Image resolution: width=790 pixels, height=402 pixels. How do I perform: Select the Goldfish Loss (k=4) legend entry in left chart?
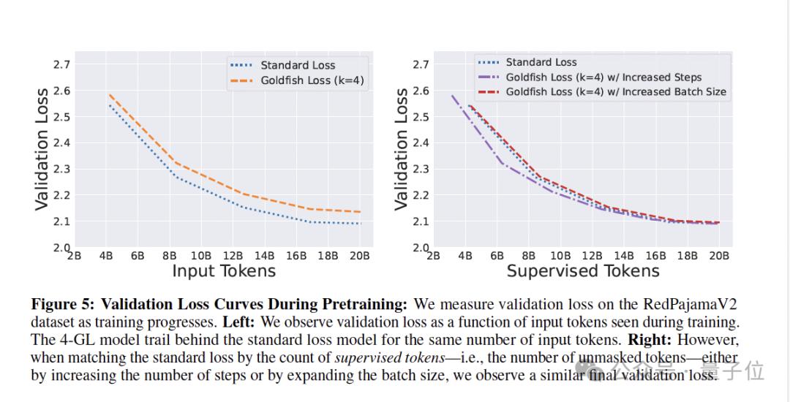click(x=312, y=80)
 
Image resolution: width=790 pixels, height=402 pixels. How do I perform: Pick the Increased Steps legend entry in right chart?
click(x=603, y=77)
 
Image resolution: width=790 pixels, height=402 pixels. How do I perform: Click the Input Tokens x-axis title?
click(x=224, y=271)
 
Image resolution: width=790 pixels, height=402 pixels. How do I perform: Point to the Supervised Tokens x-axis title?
click(x=583, y=271)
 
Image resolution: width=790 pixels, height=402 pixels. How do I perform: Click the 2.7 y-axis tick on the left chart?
click(x=61, y=64)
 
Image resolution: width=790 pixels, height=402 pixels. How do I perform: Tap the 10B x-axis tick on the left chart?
click(x=201, y=256)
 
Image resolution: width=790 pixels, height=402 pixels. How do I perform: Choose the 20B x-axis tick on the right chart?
click(x=719, y=256)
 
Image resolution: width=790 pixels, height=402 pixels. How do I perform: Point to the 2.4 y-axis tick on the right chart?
click(x=421, y=143)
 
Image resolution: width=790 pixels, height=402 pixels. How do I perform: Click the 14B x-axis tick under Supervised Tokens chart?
click(x=624, y=256)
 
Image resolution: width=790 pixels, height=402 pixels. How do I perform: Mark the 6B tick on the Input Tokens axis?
click(x=138, y=256)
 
